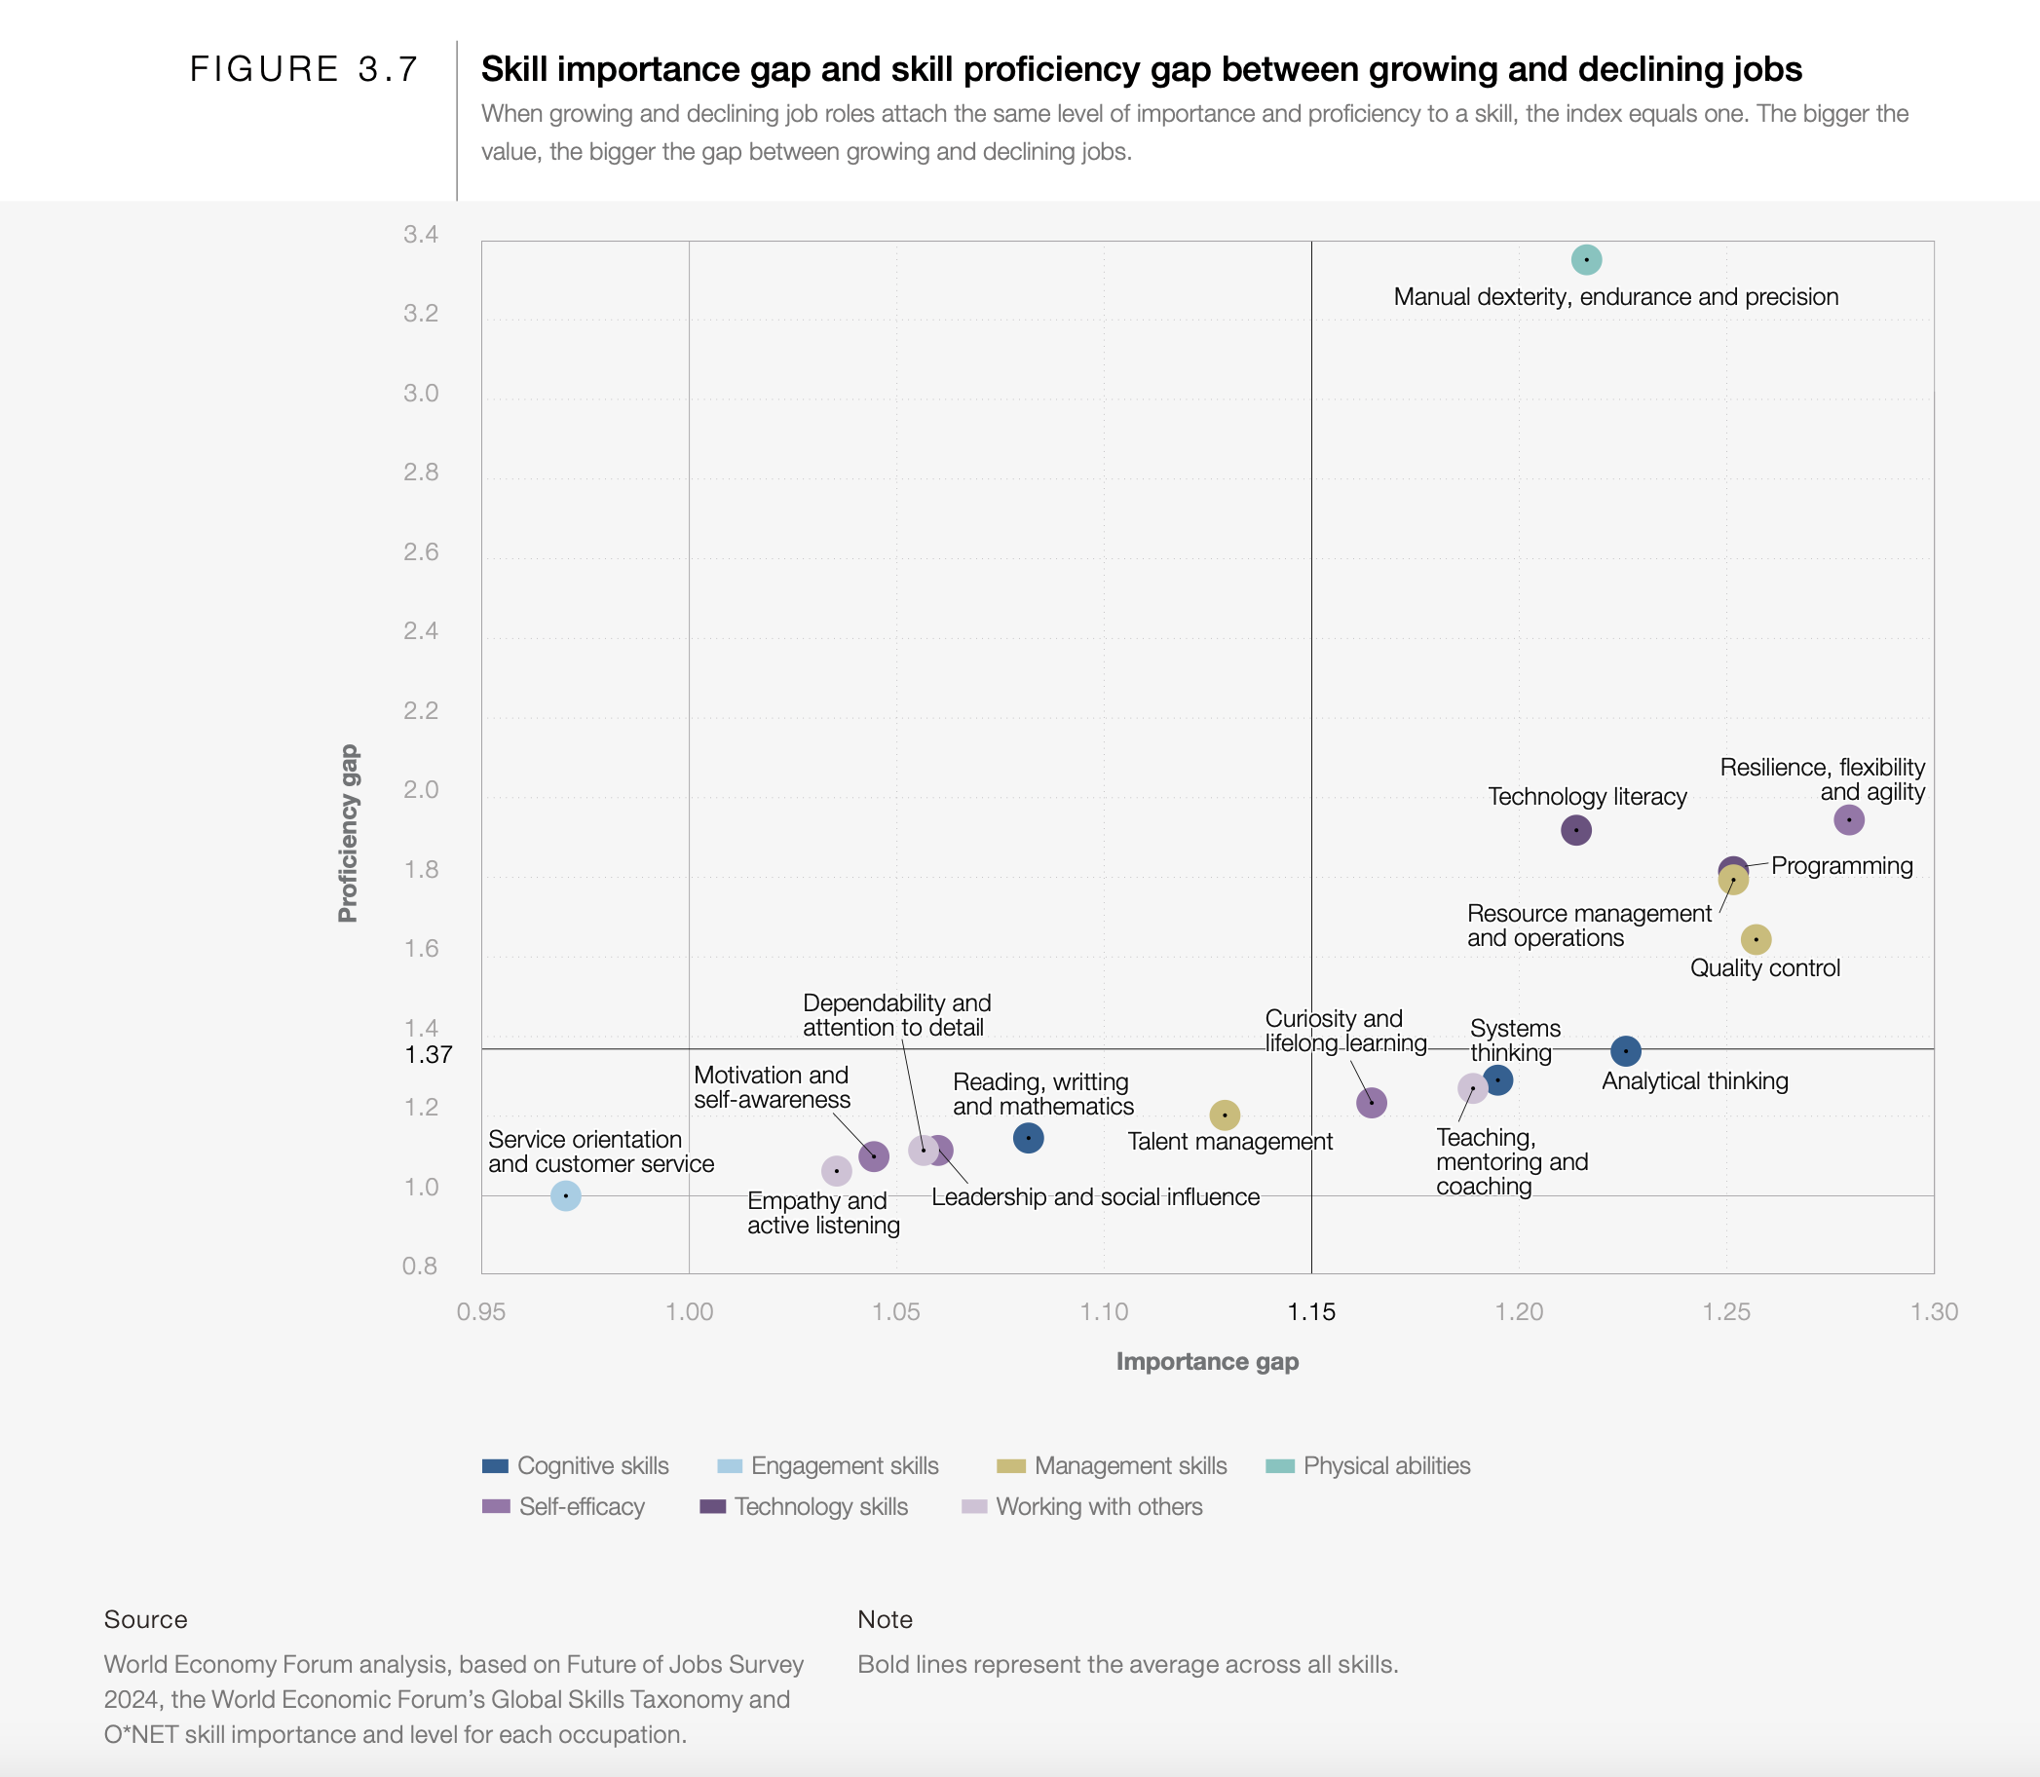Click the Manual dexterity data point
coord(1586,260)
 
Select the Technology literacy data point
coord(1576,830)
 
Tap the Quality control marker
coord(1756,939)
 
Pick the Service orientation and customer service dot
coord(565,1196)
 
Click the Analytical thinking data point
coord(1625,1051)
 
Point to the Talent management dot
coord(1225,1115)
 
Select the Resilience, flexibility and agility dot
coord(1849,820)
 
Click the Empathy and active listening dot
coord(836,1171)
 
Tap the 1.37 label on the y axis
coord(429,1055)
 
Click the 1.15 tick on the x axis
coord(1311,1312)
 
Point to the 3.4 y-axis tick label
coord(421,235)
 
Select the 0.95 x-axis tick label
coord(481,1312)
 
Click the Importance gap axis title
coord(1207,1362)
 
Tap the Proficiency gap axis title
coord(348,833)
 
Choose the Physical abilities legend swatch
coord(1280,1465)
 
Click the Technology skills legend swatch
coord(713,1506)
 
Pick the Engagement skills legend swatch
coord(729,1465)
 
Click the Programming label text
coord(1841,866)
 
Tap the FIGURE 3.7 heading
coord(305,69)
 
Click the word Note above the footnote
coord(885,1619)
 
